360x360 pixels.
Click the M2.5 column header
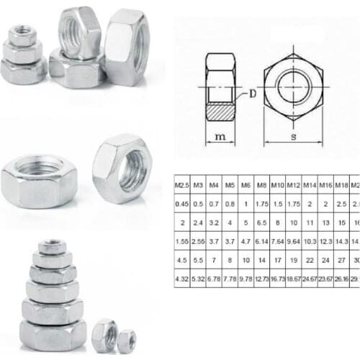tap(183, 186)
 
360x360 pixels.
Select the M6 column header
tap(246, 186)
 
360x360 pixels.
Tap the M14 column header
tap(310, 186)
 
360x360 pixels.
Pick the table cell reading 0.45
tap(183, 204)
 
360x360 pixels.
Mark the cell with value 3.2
tap(215, 223)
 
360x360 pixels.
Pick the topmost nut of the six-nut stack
tap(52, 248)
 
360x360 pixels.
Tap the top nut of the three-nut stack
tap(22, 35)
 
